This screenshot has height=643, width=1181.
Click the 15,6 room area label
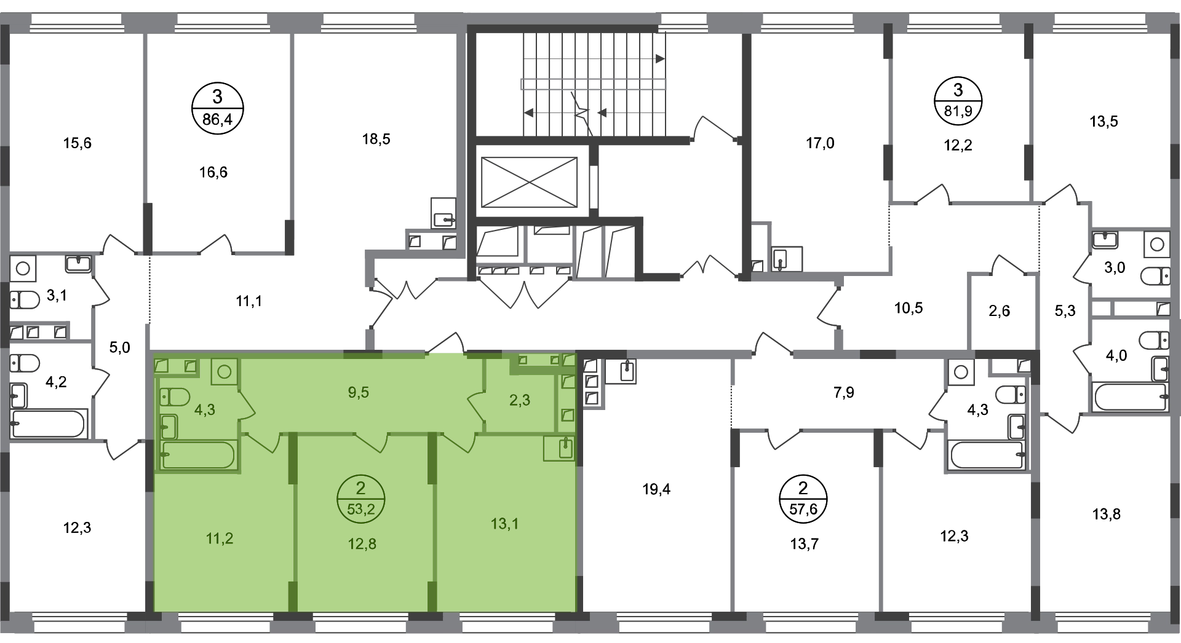(x=78, y=143)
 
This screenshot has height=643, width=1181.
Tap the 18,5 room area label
(x=376, y=140)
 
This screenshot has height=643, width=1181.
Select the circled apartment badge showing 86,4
(x=217, y=108)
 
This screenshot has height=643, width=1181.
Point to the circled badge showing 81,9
(x=958, y=100)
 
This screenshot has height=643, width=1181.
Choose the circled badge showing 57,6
(x=803, y=499)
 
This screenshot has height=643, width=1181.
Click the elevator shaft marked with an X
(x=529, y=182)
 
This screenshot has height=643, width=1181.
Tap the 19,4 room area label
(x=656, y=490)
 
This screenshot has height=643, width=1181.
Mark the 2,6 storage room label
(x=1000, y=311)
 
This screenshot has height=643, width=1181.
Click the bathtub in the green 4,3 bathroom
(x=197, y=455)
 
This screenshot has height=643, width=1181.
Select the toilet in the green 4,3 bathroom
(x=175, y=398)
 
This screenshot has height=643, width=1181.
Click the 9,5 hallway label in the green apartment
(x=358, y=392)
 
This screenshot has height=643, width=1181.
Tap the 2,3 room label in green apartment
(x=520, y=400)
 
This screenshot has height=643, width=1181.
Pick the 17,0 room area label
(x=821, y=144)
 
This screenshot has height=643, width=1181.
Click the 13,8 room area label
(x=1106, y=514)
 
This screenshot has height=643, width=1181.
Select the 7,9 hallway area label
(x=844, y=393)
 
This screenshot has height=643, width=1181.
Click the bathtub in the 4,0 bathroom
(x=1131, y=396)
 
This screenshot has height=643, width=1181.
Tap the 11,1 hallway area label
(x=249, y=302)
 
